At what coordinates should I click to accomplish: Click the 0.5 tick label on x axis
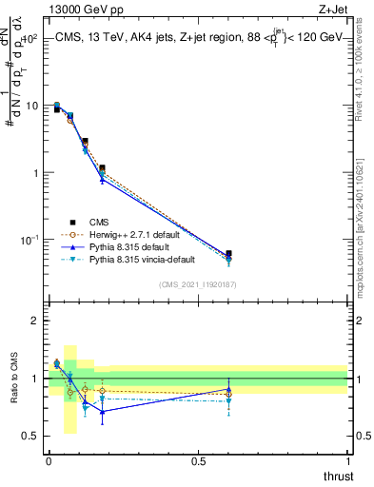[x=198, y=461]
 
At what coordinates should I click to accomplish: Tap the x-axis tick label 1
[x=348, y=461]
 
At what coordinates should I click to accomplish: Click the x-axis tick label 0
[x=49, y=461]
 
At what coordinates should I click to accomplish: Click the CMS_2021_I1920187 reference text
[x=198, y=284]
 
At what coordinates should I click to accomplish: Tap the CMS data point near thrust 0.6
[x=228, y=254]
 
